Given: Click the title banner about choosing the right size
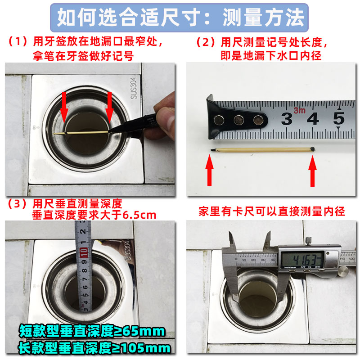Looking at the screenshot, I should pyautogui.click(x=180, y=18).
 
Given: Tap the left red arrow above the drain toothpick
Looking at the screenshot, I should pyautogui.click(x=64, y=105).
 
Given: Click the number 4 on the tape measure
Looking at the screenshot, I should pyautogui.click(x=312, y=119).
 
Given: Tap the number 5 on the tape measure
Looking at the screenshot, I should pyautogui.click(x=338, y=118).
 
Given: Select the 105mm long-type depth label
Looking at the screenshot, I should pyautogui.click(x=94, y=347).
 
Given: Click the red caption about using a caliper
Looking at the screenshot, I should pyautogui.click(x=272, y=211).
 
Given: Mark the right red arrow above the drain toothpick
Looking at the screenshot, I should pyautogui.click(x=109, y=105).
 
